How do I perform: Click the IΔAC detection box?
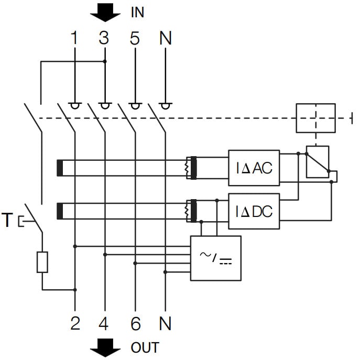[x=254, y=168]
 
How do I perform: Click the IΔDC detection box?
[x=254, y=211]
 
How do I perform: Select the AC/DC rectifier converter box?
[x=215, y=258]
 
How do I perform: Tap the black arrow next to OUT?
[x=105, y=347]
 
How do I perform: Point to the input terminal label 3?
[x=105, y=38]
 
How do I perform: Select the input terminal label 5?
[x=135, y=38]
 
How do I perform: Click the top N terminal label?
[x=165, y=38]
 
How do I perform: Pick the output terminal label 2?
[x=75, y=324]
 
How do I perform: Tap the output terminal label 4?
[x=105, y=324]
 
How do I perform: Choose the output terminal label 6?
[x=135, y=324]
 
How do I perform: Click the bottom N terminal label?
[x=165, y=324]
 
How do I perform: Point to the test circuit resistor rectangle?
[x=42, y=262]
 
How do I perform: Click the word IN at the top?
[x=137, y=13]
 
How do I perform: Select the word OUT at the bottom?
[x=144, y=347]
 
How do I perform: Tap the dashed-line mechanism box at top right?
[x=316, y=118]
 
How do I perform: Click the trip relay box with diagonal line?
[x=318, y=162]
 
